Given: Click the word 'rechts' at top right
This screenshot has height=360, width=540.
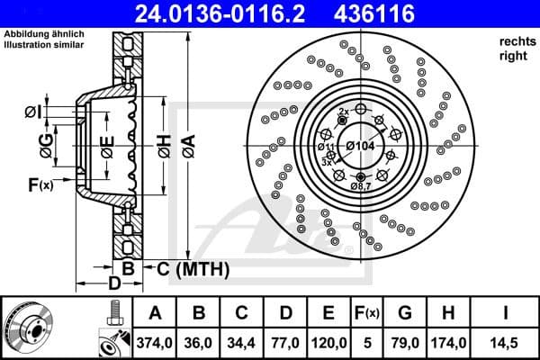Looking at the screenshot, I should click(513, 42).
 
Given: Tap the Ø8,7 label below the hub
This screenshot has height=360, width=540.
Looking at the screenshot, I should click(361, 185).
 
